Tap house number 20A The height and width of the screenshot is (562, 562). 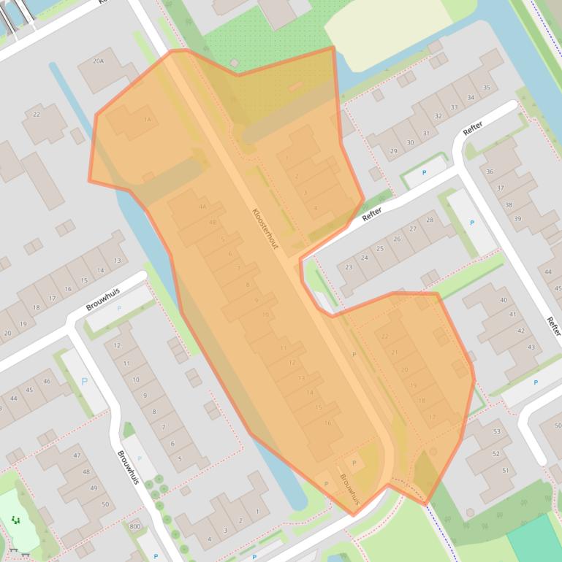98,62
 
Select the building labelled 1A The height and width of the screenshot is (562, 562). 147,120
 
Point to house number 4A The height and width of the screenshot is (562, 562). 202,207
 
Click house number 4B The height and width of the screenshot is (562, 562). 213,223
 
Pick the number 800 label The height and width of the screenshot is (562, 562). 134,526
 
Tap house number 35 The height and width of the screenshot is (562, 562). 487,88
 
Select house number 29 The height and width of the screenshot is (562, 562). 394,152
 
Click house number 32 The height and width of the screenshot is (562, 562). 438,116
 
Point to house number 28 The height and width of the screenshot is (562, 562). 430,220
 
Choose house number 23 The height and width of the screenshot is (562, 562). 349,267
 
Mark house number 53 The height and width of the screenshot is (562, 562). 498,431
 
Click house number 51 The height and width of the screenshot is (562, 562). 505,471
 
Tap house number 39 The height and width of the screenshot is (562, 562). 517,219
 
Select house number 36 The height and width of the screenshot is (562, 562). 490,172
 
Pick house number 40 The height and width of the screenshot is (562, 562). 503,300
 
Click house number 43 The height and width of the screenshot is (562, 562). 531,347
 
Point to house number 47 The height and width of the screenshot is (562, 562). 77,455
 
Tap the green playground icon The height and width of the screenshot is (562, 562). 15,520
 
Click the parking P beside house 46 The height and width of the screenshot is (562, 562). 84,382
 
